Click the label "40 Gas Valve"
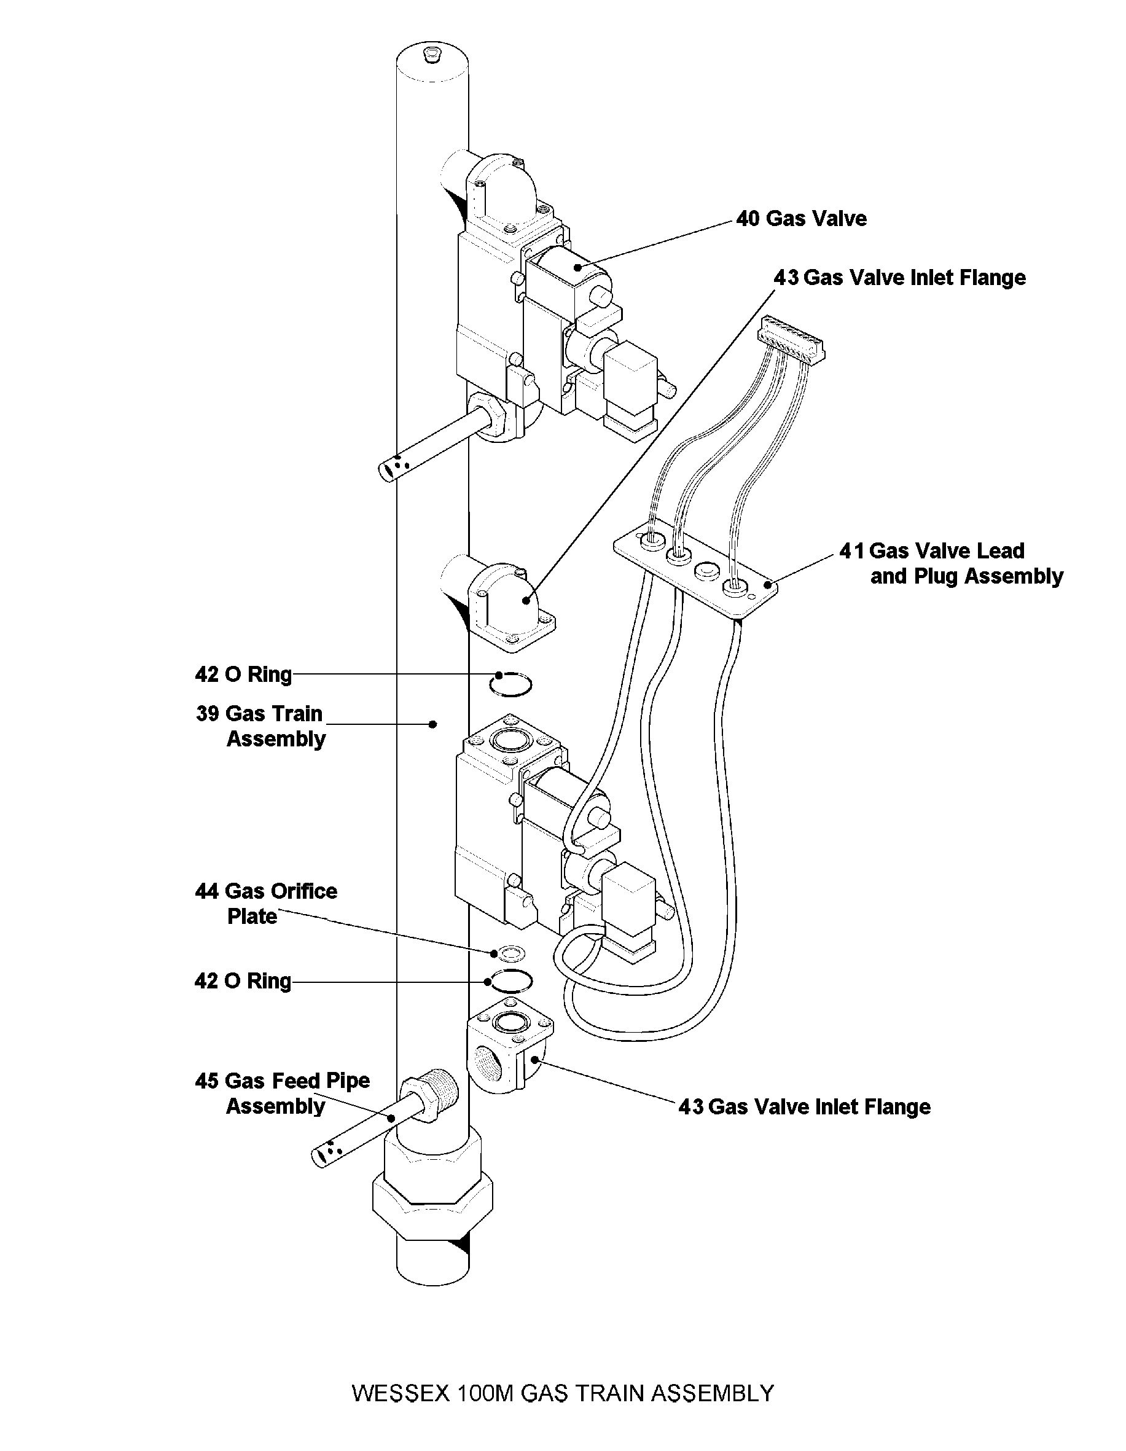801,219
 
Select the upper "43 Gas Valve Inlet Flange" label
899,278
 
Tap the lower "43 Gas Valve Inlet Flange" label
804,1107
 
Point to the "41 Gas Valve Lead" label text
932,551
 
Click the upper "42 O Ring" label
243,675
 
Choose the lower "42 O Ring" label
243,981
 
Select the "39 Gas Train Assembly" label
260,726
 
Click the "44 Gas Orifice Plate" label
266,904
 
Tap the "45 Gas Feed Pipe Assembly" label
282,1093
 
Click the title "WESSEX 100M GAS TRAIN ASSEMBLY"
563,1393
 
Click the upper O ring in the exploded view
510,684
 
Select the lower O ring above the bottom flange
508,981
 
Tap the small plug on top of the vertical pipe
431,54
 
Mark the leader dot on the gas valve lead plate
768,585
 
